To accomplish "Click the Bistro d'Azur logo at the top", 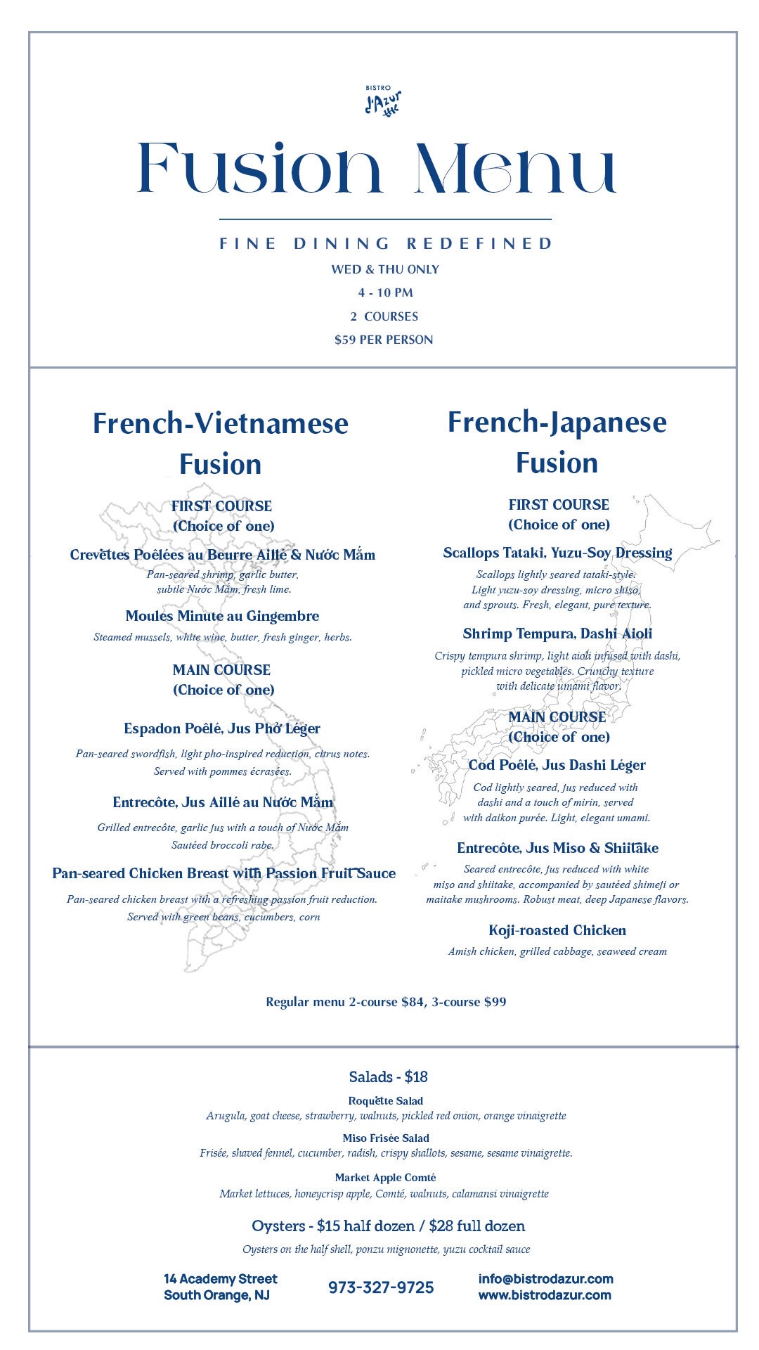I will pyautogui.click(x=383, y=100).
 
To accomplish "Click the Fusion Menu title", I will pyautogui.click(x=377, y=169).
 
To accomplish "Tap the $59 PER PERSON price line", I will pyautogui.click(x=384, y=340).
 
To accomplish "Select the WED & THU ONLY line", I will pyautogui.click(x=385, y=269).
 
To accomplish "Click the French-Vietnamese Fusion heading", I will pyautogui.click(x=221, y=443).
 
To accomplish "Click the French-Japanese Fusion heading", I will pyautogui.click(x=557, y=442).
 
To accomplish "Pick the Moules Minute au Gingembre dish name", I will pyautogui.click(x=222, y=616).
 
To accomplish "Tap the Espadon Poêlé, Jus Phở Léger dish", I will pyautogui.click(x=222, y=728).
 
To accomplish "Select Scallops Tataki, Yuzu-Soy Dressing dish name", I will pyautogui.click(x=557, y=553).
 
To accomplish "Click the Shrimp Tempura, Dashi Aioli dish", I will pyautogui.click(x=557, y=634).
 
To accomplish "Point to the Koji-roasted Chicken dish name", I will pyautogui.click(x=557, y=930).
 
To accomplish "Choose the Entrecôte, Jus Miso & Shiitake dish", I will pyautogui.click(x=557, y=848).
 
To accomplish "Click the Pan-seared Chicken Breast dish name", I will pyautogui.click(x=223, y=873).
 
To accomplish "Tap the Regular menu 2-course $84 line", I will pyautogui.click(x=386, y=1002).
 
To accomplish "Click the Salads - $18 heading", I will pyautogui.click(x=388, y=1076).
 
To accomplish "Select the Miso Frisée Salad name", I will pyautogui.click(x=386, y=1138).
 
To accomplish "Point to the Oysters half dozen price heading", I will pyautogui.click(x=388, y=1226).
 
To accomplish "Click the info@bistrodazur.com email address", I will pyautogui.click(x=545, y=1278).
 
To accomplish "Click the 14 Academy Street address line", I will pyautogui.click(x=221, y=1278).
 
